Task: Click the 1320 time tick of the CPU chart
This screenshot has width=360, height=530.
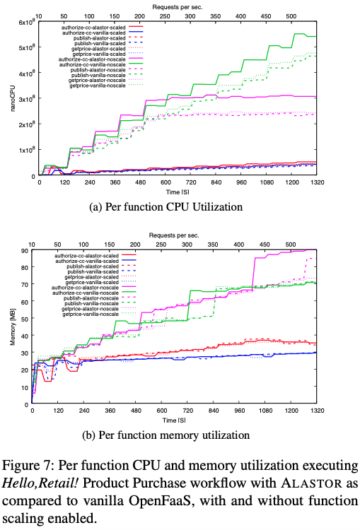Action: (x=354, y=182)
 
